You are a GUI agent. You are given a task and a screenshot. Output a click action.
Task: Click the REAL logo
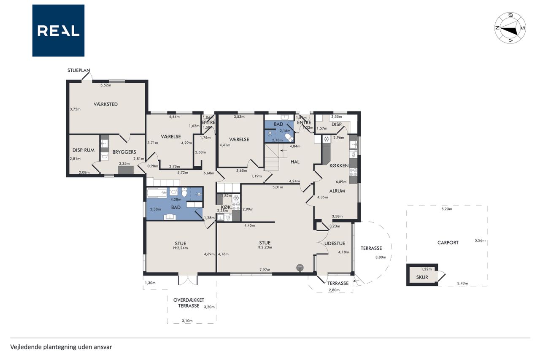(58, 30)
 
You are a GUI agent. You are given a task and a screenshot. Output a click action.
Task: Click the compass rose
(510, 28)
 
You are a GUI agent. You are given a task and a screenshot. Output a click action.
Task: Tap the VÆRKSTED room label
(105, 104)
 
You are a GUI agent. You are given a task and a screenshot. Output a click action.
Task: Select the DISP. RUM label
(84, 150)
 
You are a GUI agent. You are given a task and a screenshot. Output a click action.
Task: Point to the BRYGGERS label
(124, 152)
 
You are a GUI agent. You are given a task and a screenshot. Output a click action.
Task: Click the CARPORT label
(448, 243)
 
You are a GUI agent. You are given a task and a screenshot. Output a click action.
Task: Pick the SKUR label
(422, 277)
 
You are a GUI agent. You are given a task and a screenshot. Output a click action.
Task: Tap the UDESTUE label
(335, 244)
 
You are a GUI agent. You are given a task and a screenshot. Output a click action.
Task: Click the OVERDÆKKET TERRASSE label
(189, 303)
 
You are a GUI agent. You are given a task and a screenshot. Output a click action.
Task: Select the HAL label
(295, 162)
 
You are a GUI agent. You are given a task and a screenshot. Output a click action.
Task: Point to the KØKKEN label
(339, 166)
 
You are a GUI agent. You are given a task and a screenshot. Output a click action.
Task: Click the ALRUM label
(337, 191)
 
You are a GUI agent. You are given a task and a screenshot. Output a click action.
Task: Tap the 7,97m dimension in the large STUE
(265, 270)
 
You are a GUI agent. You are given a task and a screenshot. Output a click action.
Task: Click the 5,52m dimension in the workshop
(105, 85)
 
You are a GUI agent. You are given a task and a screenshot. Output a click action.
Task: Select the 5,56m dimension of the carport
(480, 240)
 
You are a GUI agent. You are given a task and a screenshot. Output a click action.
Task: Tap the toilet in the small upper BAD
(289, 138)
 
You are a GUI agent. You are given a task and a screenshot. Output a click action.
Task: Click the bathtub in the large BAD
(157, 193)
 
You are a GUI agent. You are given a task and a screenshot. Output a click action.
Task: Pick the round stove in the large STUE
(300, 268)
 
